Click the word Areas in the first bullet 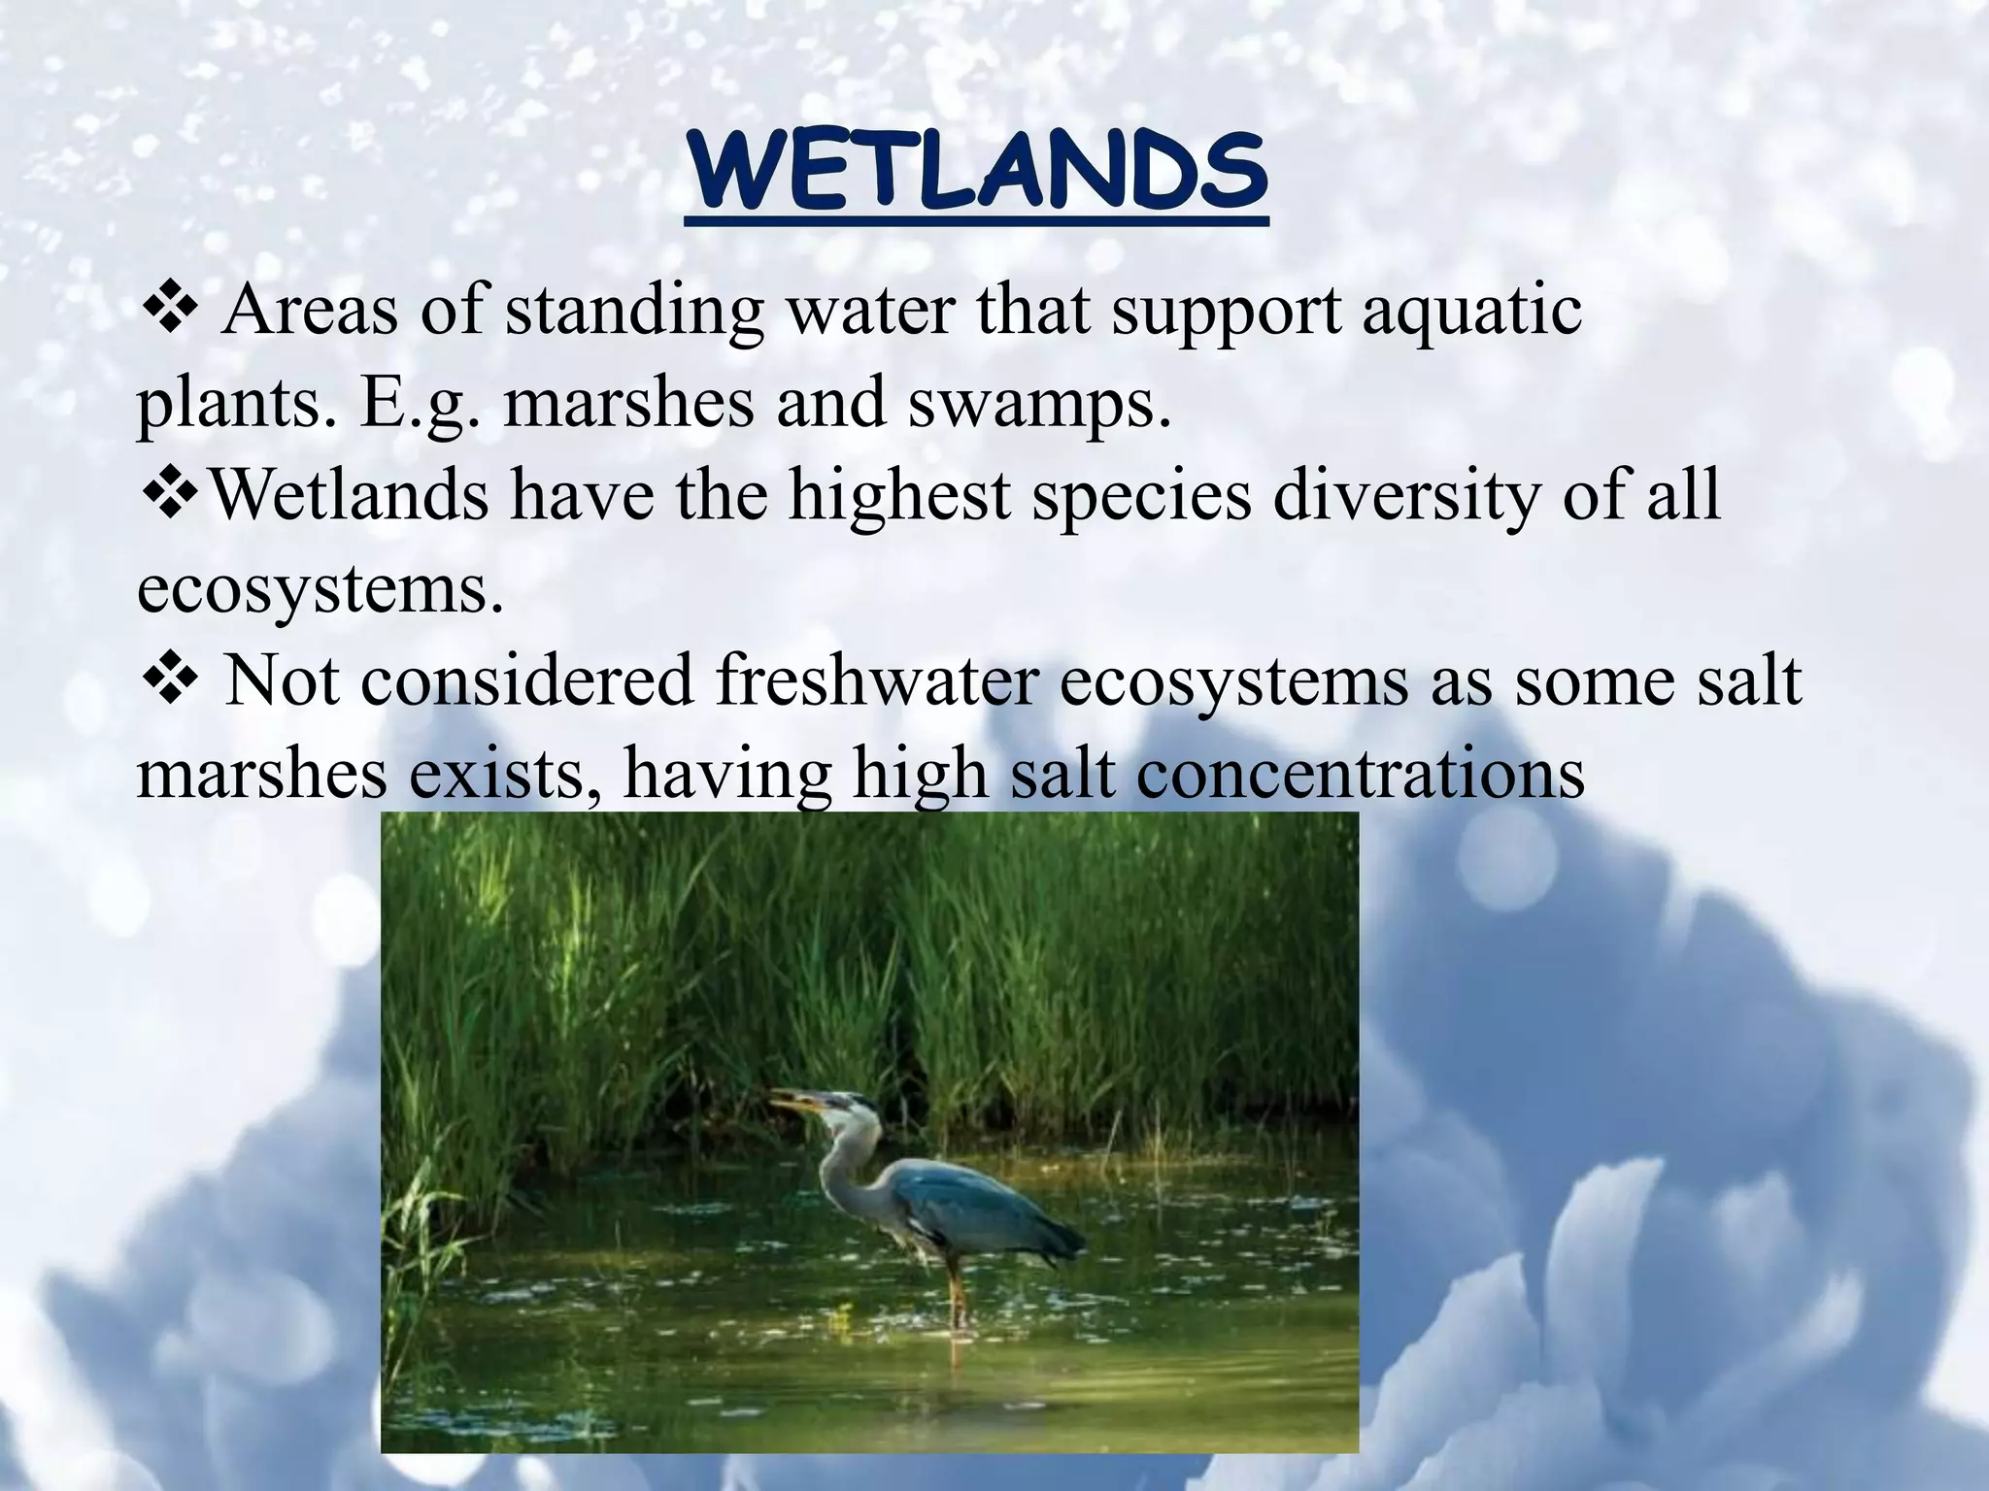[x=309, y=313]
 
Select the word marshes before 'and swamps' [x=628, y=405]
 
